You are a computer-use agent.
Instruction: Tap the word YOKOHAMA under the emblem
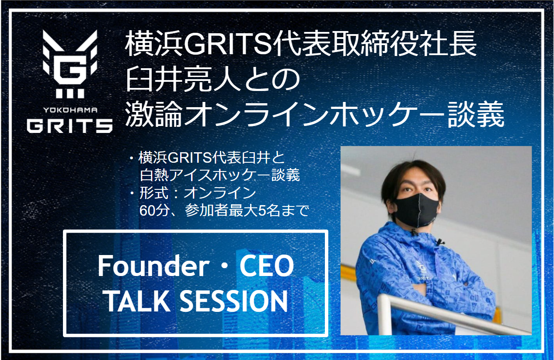(x=70, y=110)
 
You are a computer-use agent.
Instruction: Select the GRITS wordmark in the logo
(x=70, y=126)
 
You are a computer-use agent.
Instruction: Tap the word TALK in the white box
(x=135, y=301)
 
